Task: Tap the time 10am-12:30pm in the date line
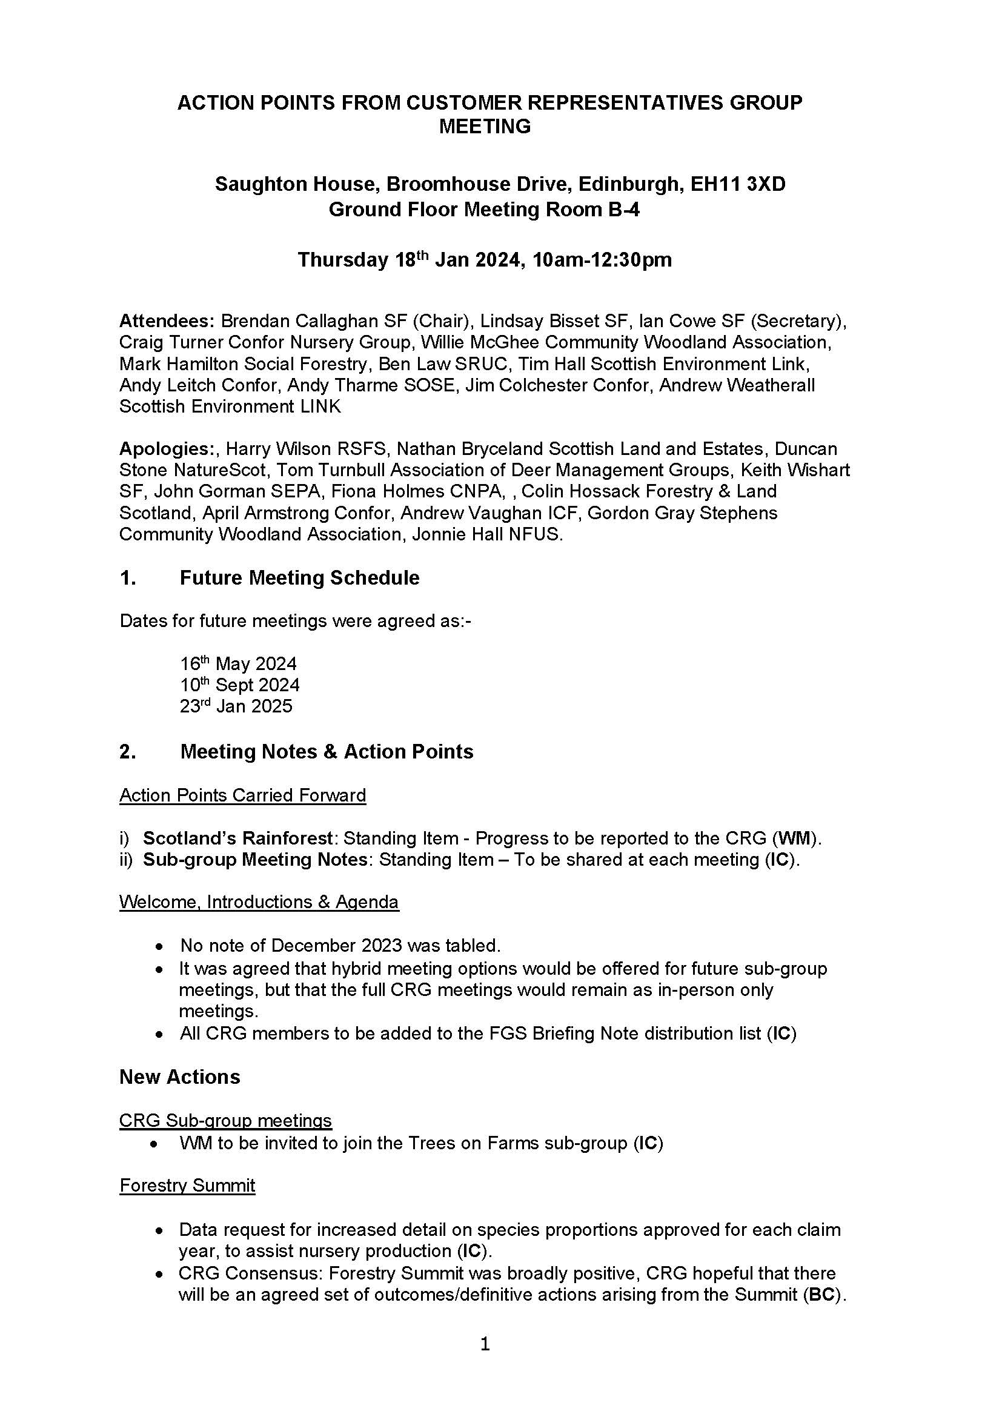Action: [x=602, y=260]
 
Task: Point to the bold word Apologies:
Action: [x=166, y=449]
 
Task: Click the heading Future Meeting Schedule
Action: [x=299, y=578]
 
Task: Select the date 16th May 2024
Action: [x=238, y=664]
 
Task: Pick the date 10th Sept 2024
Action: [x=239, y=685]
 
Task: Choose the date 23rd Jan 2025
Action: [x=236, y=706]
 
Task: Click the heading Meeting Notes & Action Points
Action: [x=327, y=752]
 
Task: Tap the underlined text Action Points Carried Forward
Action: [x=242, y=795]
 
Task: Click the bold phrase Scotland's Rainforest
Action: [x=238, y=838]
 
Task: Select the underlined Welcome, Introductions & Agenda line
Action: [x=259, y=902]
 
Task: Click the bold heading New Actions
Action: [x=179, y=1077]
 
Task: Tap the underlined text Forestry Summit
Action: [x=187, y=1186]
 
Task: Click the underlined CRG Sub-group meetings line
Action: [x=225, y=1120]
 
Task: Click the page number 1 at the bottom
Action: [x=485, y=1344]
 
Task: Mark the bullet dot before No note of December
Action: [x=160, y=946]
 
